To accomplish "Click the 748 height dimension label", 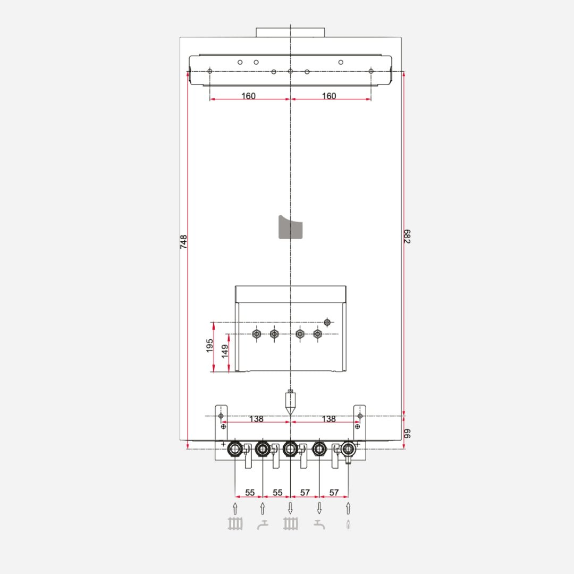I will [183, 242].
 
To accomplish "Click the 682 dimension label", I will [408, 237].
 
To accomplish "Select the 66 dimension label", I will [408, 433].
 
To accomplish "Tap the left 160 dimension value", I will [248, 96].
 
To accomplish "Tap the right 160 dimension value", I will [329, 96].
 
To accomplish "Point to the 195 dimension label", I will [209, 345].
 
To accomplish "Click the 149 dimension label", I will [225, 351].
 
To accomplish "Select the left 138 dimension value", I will [256, 419].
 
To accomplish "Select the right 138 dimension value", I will [329, 419].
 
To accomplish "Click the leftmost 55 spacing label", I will [249, 493].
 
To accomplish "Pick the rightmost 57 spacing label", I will [334, 493].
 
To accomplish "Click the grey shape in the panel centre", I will [290, 227].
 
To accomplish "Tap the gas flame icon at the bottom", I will [348, 526].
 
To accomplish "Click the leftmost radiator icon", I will [235, 525].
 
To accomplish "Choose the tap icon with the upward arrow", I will [263, 526].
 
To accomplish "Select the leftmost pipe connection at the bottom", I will [234, 450].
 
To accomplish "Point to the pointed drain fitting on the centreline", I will [290, 403].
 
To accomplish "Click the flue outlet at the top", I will [290, 32].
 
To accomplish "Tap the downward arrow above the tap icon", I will [319, 508].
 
